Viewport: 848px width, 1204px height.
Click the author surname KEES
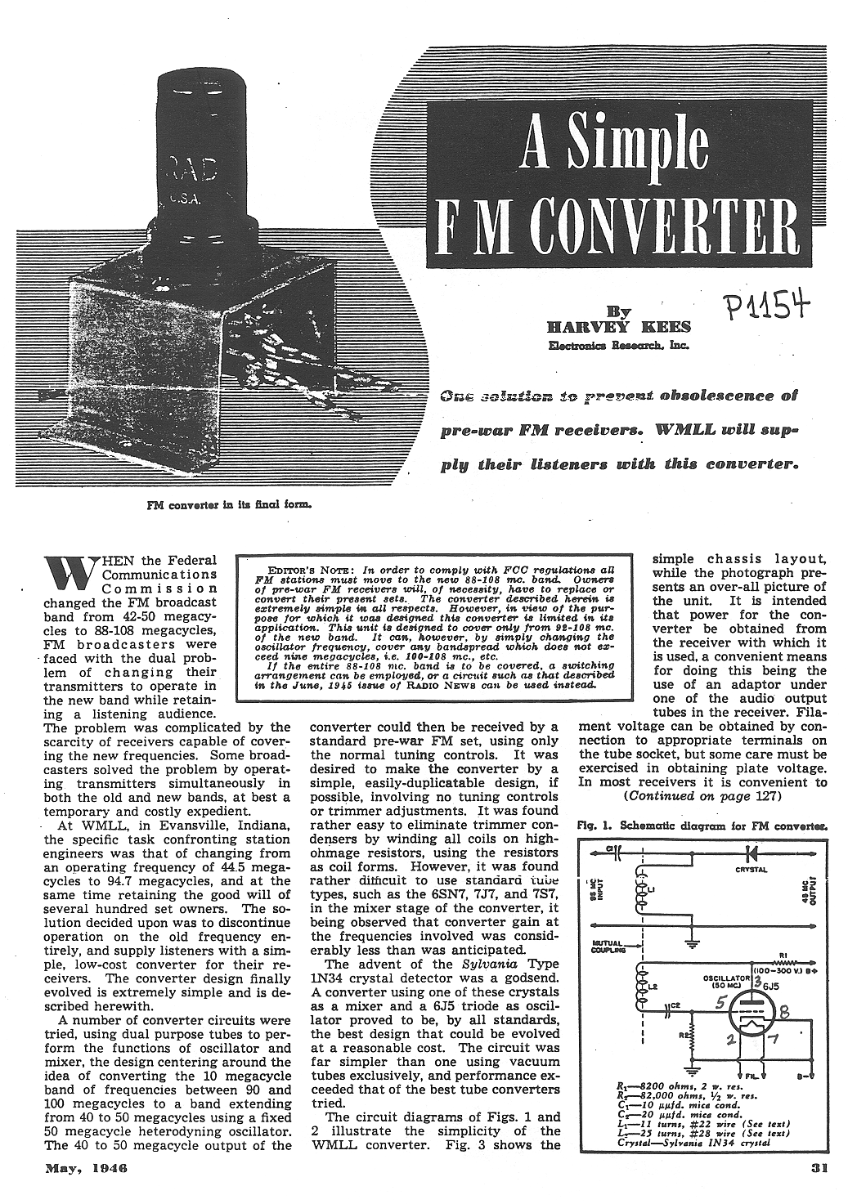[663, 327]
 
